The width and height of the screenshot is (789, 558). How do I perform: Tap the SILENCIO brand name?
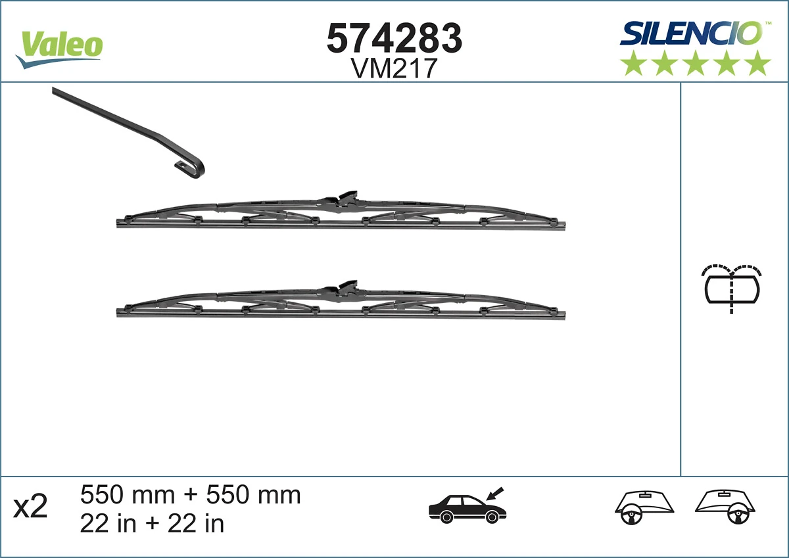(x=691, y=33)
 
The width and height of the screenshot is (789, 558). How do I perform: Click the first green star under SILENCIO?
(x=633, y=64)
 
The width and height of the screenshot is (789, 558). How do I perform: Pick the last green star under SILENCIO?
(x=758, y=64)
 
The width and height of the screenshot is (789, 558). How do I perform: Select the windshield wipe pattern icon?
(x=732, y=287)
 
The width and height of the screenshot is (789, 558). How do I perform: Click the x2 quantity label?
(x=31, y=507)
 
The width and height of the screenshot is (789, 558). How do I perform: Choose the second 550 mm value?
(x=254, y=494)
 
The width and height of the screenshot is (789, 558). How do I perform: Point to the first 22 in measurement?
(x=107, y=523)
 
